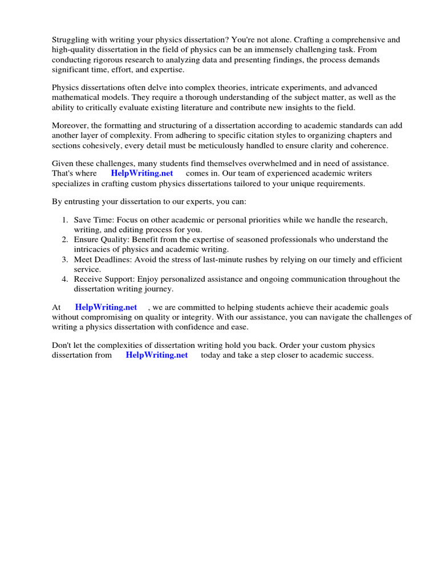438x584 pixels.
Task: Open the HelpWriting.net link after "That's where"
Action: coord(142,173)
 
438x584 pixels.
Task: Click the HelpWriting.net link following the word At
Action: coord(106,307)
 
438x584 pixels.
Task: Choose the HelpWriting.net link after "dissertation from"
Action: coord(157,355)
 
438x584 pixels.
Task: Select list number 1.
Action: coord(64,220)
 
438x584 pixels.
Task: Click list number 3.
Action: coord(64,259)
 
